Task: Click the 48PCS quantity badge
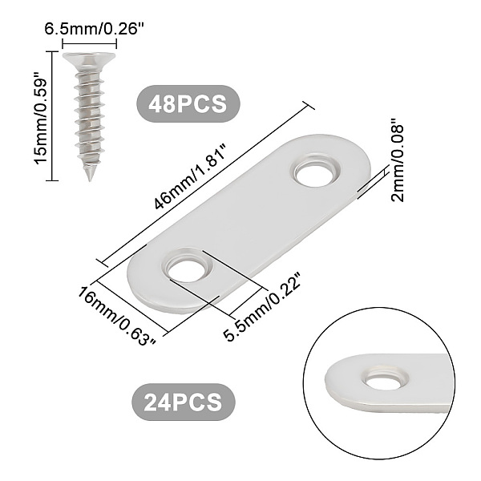point(188,103)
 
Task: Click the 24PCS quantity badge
point(184,402)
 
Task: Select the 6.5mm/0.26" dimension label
point(94,29)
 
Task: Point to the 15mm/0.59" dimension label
point(41,117)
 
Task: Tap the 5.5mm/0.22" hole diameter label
point(261,306)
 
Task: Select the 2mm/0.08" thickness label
point(398,163)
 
